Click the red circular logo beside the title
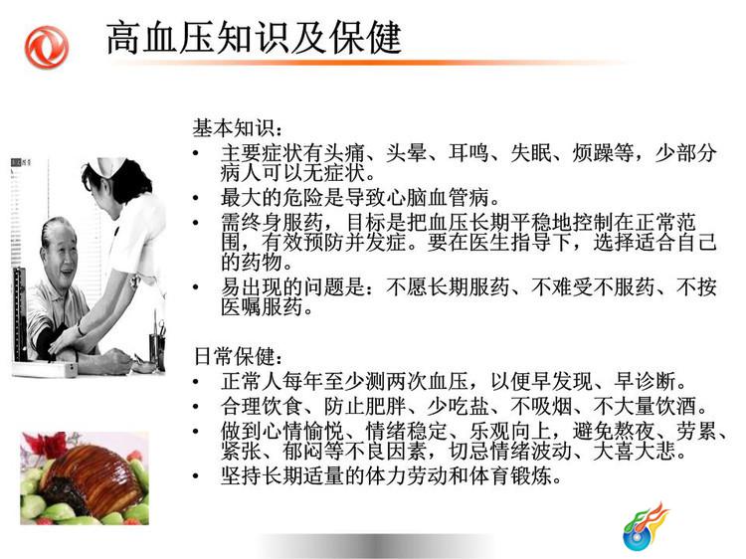click(47, 47)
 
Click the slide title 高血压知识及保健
click(254, 37)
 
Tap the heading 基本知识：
click(238, 128)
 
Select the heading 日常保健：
click(238, 356)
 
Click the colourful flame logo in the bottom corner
click(646, 526)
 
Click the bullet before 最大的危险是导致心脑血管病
click(196, 199)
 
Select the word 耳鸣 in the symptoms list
click(468, 153)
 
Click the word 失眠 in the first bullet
click(530, 153)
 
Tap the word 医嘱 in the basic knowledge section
click(242, 307)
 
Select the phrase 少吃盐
click(458, 406)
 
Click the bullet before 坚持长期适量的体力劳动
click(196, 476)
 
